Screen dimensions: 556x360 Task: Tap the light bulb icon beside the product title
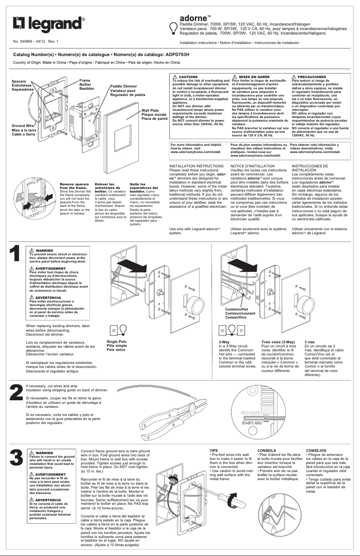172,28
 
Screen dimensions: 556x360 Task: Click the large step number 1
15,253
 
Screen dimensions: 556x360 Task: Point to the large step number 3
15,458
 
